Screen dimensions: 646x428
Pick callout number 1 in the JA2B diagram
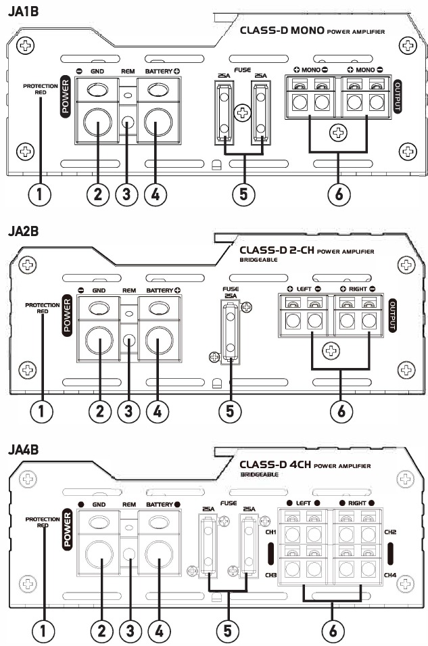(x=42, y=411)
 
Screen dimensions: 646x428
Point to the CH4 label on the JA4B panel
(x=390, y=575)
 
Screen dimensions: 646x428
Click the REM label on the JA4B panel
(x=128, y=504)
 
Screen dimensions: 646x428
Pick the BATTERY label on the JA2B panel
(x=160, y=290)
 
